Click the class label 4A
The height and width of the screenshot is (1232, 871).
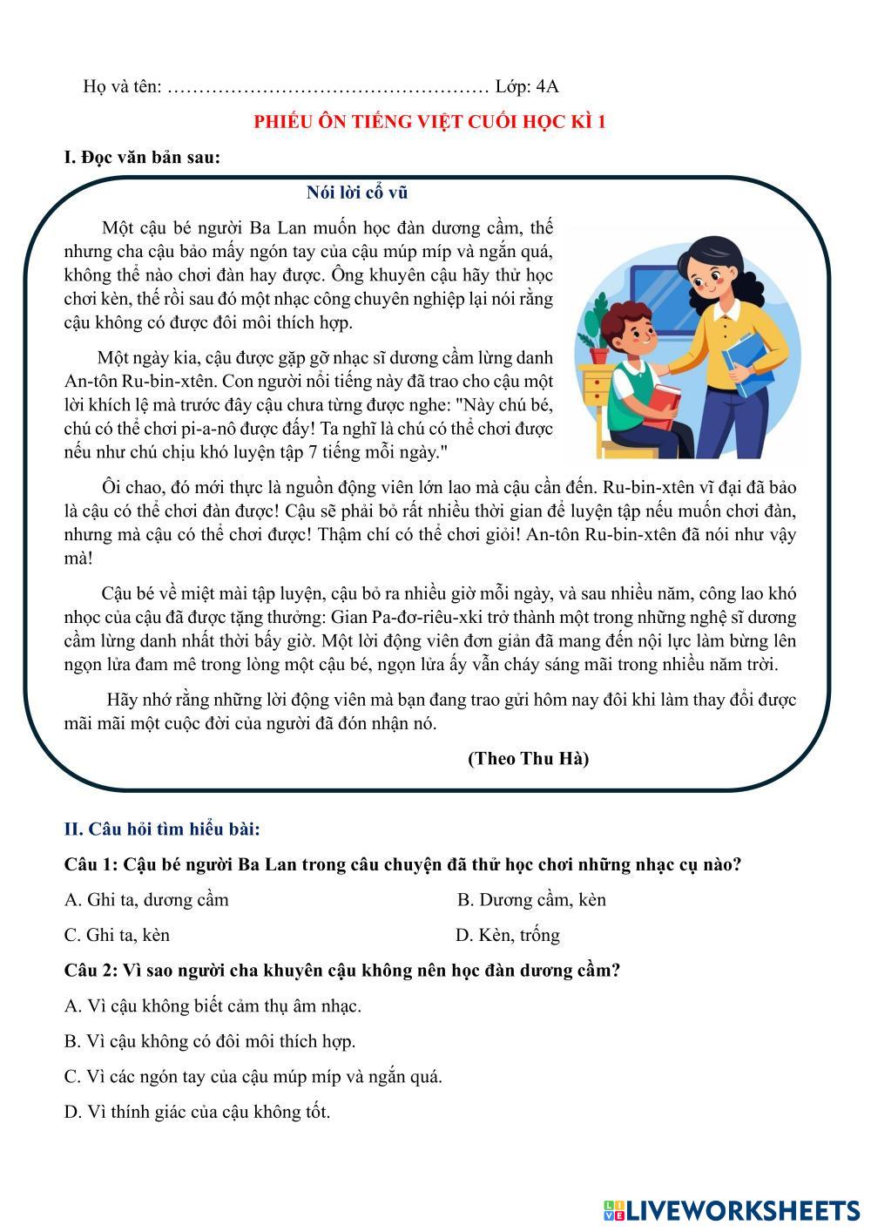click(548, 86)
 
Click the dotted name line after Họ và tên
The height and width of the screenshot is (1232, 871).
click(327, 87)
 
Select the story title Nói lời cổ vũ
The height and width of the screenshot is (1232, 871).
click(357, 193)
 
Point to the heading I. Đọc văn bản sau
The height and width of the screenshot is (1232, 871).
click(142, 158)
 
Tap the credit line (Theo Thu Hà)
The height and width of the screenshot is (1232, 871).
click(528, 759)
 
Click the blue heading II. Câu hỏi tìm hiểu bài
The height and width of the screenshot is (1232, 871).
click(162, 829)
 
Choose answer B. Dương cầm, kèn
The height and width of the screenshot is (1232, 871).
click(531, 900)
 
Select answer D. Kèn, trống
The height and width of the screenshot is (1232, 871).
click(507, 936)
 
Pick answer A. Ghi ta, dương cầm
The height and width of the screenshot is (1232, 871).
click(146, 900)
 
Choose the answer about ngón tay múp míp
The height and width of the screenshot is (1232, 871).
click(253, 1077)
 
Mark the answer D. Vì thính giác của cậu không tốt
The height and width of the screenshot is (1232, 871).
click(197, 1112)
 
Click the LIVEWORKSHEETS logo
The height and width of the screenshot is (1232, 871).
click(732, 1209)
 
